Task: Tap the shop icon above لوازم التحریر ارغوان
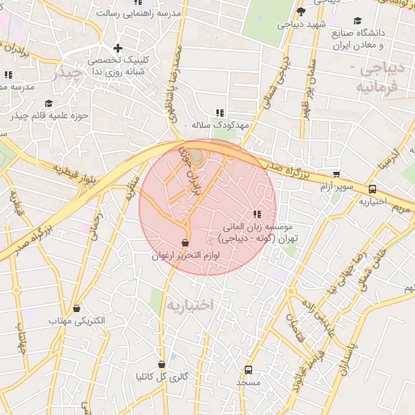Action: (186, 243)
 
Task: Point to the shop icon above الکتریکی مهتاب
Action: (77, 308)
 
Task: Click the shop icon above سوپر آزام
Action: (336, 174)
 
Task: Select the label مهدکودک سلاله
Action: (218, 126)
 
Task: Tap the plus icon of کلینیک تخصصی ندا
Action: (118, 49)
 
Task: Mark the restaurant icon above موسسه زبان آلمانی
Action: (257, 215)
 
